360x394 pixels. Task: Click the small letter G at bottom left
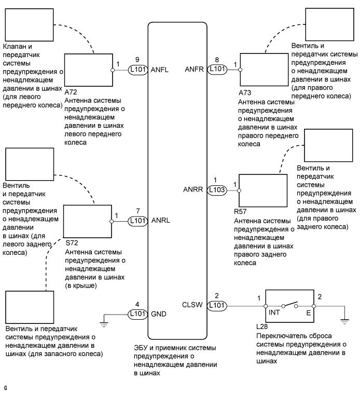[5, 387]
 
